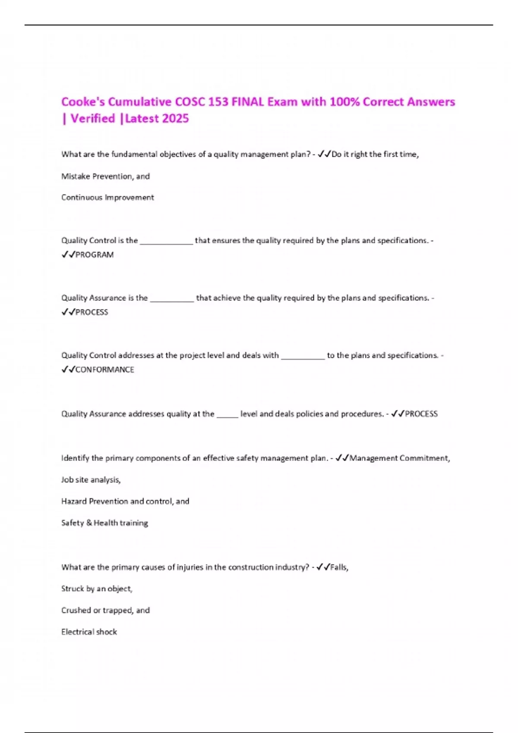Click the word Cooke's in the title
coord(82,102)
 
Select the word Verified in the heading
coord(93,119)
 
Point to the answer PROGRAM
coord(95,255)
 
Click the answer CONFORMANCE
coord(104,370)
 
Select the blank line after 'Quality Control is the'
coord(166,242)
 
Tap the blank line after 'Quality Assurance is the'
coord(172,299)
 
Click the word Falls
coord(339,567)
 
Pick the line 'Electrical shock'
coord(89,632)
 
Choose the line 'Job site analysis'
coord(91,480)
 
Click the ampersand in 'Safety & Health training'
coord(89,523)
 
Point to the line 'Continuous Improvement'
coord(107,197)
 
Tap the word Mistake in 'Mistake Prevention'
coord(75,176)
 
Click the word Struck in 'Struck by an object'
coord(73,589)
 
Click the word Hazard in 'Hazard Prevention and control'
coord(74,501)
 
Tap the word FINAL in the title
coord(248,102)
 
